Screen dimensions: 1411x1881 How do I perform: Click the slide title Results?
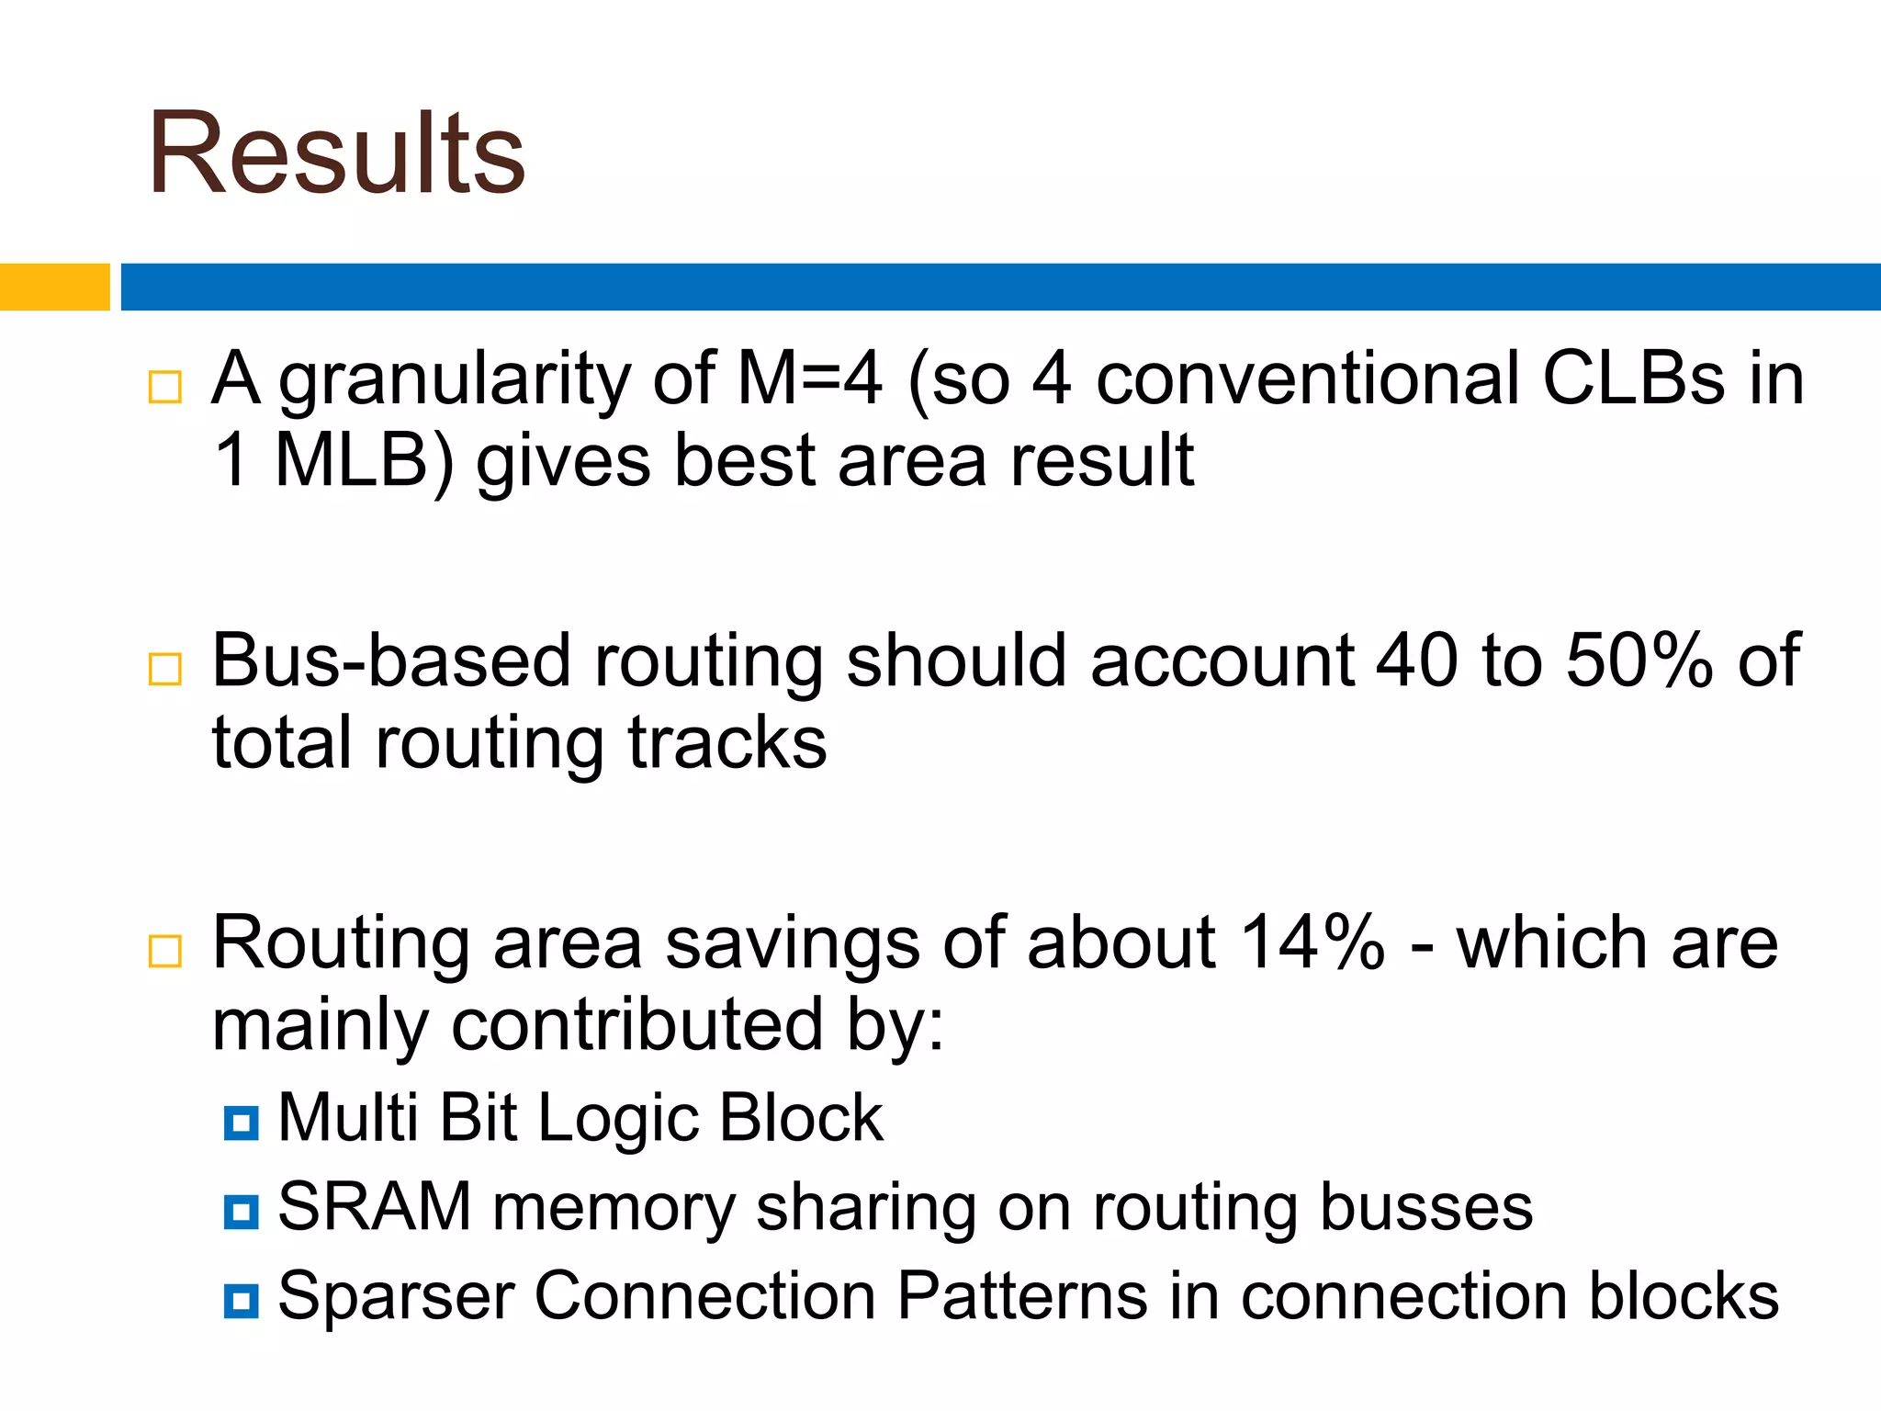336,153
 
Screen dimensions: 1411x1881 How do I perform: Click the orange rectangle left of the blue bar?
54,287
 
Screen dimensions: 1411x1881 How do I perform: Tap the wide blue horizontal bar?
999,287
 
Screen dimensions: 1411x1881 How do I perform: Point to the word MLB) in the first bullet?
364,461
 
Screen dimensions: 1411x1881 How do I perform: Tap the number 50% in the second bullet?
1638,661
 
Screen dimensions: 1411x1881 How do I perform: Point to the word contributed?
636,1025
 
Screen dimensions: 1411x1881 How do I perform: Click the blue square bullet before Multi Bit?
241,1123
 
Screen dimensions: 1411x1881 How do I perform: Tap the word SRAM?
374,1207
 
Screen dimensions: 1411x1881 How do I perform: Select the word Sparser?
396,1297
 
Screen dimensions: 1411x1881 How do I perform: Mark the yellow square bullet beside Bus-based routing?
165,669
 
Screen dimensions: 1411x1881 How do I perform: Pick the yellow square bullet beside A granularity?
165,387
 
